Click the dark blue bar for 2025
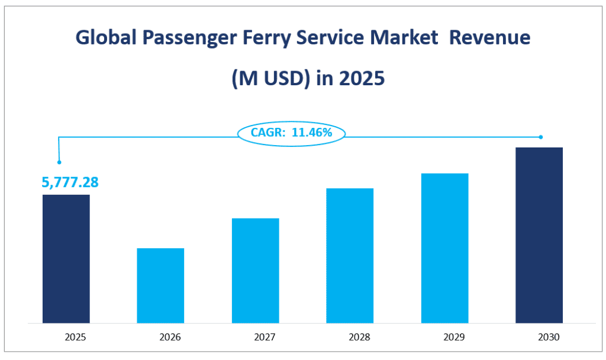point(66,259)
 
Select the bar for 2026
point(160,285)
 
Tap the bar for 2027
point(255,271)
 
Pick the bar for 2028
point(350,256)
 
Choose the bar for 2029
point(444,248)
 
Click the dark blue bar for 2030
point(539,235)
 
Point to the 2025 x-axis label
point(76,337)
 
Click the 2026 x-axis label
point(170,337)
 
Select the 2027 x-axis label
point(265,337)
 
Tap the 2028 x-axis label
point(360,337)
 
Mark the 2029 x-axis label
point(454,337)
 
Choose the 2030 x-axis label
point(549,337)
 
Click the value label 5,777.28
point(70,182)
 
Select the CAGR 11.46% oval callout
point(291,133)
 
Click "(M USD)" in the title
point(267,78)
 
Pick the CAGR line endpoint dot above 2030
point(541,137)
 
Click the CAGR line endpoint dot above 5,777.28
point(58,162)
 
